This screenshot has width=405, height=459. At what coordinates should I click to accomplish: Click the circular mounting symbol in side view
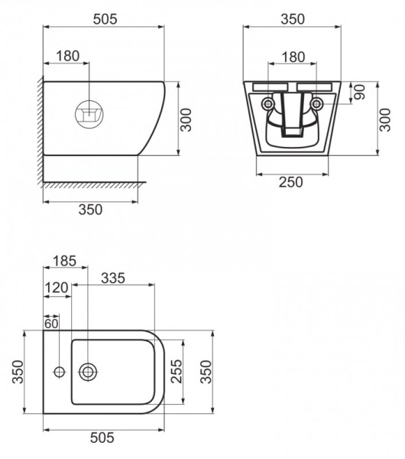(x=89, y=115)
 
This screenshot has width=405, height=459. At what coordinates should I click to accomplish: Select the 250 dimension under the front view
(x=290, y=181)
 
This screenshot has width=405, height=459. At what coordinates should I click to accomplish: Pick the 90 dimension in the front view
(x=358, y=92)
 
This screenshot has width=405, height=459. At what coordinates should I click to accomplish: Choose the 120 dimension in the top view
(x=57, y=288)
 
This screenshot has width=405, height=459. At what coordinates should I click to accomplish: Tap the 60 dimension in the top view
(x=50, y=322)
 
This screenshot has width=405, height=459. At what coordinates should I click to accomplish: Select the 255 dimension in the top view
(x=177, y=372)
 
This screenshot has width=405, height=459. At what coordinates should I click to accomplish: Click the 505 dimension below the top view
(x=102, y=438)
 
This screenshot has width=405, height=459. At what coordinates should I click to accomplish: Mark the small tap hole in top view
(x=60, y=373)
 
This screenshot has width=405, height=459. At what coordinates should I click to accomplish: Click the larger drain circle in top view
(x=89, y=373)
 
